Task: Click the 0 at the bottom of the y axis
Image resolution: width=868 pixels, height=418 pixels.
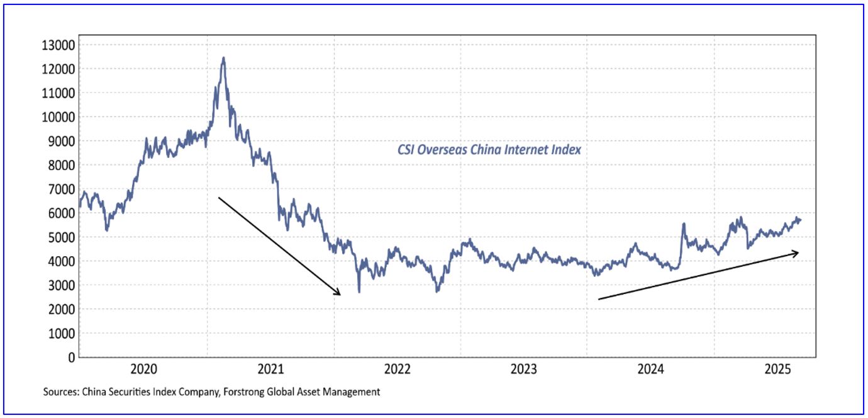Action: coord(71,358)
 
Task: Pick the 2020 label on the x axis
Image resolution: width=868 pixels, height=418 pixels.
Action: coord(144,368)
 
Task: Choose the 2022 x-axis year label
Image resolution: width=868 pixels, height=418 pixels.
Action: coord(397,368)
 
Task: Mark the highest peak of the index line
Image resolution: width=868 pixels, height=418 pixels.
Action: coord(223,58)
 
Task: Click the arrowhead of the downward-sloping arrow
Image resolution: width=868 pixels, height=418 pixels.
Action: coord(339,294)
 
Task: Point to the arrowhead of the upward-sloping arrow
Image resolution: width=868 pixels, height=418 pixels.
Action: coord(797,253)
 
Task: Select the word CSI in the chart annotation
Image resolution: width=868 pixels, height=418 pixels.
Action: coord(406,150)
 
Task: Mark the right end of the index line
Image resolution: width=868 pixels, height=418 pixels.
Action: coord(801,219)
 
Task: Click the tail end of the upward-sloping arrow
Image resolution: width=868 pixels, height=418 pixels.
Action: coord(599,299)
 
